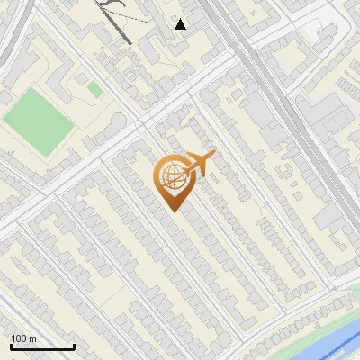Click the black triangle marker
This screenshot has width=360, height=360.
(x=181, y=24)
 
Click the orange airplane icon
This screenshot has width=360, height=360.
(x=201, y=164)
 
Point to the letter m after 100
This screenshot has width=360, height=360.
(x=32, y=338)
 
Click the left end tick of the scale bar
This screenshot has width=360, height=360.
(x=11, y=346)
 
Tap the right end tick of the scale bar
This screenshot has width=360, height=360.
(x=74, y=346)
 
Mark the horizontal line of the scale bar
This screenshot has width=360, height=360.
(x=42, y=348)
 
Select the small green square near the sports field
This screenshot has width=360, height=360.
(x=94, y=88)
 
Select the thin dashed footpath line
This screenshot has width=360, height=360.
(x=135, y=17)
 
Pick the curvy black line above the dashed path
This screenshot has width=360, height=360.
(x=110, y=4)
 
